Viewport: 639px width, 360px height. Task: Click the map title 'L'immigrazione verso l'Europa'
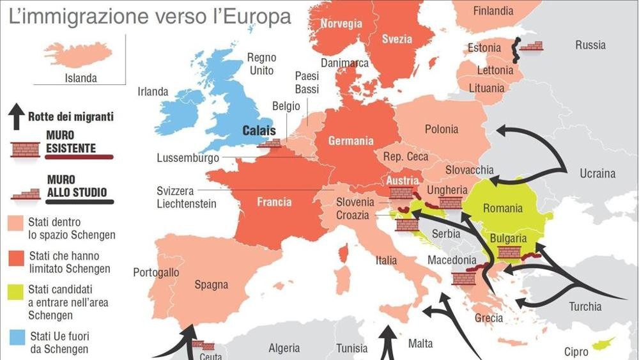(150, 16)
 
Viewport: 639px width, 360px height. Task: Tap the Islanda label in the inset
(81, 79)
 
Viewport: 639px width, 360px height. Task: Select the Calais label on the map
(259, 131)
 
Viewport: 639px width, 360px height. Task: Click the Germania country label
(350, 141)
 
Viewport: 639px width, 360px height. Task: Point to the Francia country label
(274, 202)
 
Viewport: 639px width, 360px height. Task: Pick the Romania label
(502, 208)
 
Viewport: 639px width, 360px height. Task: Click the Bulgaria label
(508, 239)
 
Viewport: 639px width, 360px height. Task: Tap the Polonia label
(442, 129)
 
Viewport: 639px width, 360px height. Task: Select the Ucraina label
(597, 173)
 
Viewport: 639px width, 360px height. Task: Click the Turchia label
(585, 306)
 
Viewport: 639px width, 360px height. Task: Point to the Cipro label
(576, 352)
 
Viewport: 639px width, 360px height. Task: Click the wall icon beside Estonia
(531, 46)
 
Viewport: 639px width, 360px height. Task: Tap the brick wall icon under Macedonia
(463, 279)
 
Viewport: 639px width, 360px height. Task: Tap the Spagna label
(211, 285)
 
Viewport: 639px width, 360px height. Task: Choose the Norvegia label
(341, 24)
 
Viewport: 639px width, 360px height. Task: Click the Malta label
(420, 344)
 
